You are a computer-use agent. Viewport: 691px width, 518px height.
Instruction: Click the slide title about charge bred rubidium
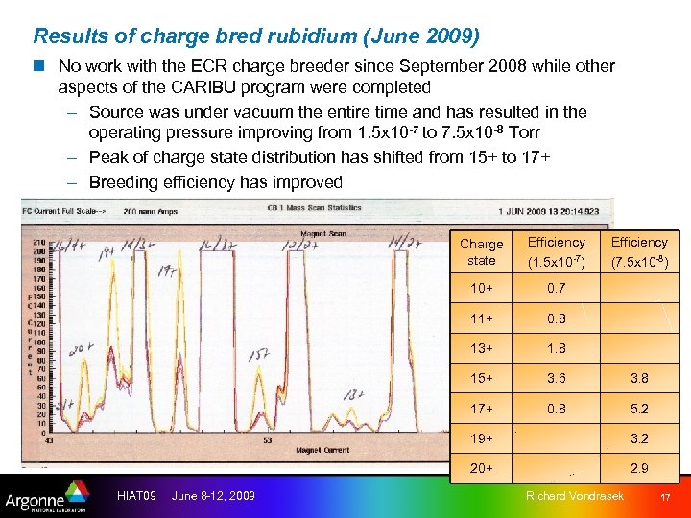[x=257, y=36]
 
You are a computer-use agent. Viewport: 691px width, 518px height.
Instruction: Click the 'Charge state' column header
[x=481, y=252]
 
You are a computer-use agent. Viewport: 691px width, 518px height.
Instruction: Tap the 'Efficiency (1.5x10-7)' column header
[x=556, y=252]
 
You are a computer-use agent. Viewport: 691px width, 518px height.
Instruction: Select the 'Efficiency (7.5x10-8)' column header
[x=638, y=252]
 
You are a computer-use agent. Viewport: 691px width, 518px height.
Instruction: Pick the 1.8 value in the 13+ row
[x=556, y=349]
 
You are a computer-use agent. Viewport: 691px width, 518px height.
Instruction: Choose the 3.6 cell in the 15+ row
[x=556, y=379]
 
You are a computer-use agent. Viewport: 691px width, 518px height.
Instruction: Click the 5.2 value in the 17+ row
[x=638, y=409]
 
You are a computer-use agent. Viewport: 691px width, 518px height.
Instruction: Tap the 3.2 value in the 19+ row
[x=638, y=438]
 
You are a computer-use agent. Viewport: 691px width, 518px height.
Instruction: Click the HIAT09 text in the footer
[x=136, y=495]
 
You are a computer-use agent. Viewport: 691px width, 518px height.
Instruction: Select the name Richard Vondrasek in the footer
[x=575, y=495]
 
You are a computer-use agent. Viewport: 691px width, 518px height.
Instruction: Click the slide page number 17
[x=664, y=496]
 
